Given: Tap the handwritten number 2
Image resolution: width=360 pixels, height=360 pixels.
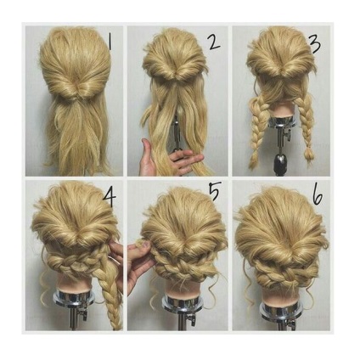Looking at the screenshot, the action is (x=214, y=42).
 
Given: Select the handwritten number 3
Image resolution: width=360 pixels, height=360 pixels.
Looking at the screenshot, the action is (x=316, y=44).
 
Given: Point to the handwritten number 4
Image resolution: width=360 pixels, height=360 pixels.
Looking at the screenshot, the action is (x=110, y=196).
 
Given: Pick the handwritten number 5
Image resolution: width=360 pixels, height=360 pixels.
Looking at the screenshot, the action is (x=214, y=191).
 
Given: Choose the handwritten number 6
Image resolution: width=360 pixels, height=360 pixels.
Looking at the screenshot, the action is (x=318, y=195).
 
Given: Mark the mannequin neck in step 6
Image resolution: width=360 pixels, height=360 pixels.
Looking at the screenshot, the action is (x=278, y=295).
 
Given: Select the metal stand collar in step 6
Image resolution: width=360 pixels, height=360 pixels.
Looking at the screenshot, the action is (x=280, y=309).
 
